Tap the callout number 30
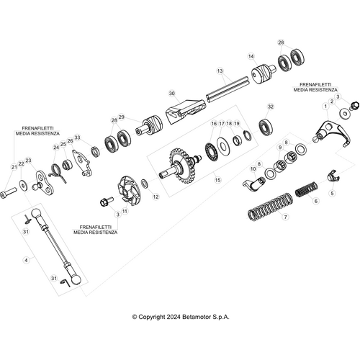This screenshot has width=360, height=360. click(171, 94)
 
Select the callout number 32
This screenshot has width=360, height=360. click(270, 107)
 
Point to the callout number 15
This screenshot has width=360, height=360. click(217, 181)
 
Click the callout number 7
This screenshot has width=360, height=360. click(286, 217)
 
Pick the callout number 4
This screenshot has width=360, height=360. click(28, 259)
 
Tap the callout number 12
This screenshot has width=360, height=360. click(156, 197)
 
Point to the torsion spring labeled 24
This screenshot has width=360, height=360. click(62, 173)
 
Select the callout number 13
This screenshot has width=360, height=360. click(222, 71)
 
